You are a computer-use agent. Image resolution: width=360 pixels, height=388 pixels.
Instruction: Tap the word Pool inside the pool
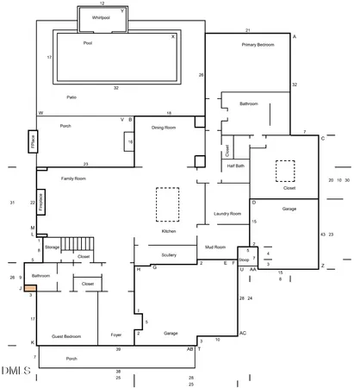(x=88, y=42)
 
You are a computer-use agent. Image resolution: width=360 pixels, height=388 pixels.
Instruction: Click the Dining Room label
(x=164, y=127)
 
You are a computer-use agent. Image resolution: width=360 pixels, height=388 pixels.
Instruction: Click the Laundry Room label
(x=227, y=213)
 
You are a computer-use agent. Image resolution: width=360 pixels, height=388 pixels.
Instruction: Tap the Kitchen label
(x=170, y=231)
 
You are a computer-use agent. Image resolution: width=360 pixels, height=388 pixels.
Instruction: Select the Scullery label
(x=169, y=254)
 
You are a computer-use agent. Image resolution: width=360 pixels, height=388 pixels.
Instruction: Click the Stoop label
(x=244, y=259)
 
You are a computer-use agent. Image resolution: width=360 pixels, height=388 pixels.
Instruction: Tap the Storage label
(x=52, y=247)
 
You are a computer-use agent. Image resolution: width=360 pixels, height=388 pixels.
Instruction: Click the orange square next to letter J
(x=29, y=289)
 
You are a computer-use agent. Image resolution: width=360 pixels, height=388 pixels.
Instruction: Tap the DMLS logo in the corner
(x=16, y=371)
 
